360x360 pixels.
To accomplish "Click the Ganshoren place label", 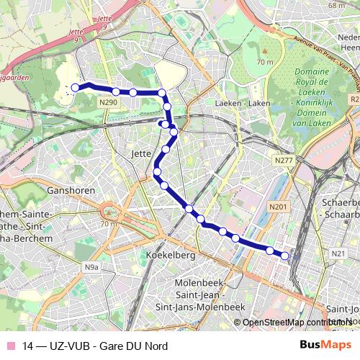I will (66, 191).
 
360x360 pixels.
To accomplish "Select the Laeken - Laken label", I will (242, 103).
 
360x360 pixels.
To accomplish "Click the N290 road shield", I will (108, 102).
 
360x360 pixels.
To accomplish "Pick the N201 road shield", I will (278, 207).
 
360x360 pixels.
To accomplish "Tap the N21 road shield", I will (339, 253).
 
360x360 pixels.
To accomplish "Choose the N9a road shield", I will (91, 267).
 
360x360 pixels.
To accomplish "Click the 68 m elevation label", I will (336, 5).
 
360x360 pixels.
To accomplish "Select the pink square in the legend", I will (10, 346).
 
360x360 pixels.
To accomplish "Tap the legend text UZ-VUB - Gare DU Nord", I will (96, 346).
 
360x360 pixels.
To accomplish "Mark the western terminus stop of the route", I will (74, 88).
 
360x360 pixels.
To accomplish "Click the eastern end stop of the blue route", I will (285, 256).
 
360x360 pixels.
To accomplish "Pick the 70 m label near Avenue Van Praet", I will (264, 62).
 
